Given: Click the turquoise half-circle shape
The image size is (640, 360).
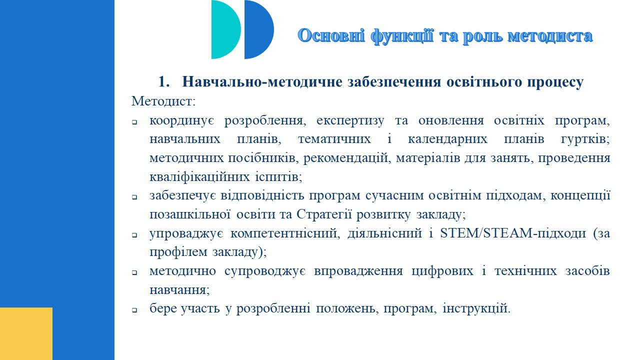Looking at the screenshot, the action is coord(224,29).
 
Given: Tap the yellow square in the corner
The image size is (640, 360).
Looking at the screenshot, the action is coord(26,333).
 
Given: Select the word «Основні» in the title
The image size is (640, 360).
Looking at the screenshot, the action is coord(331,35).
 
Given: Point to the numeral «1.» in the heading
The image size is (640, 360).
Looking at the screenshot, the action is coord(164,81).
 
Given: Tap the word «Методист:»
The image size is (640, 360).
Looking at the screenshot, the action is coord(163,101).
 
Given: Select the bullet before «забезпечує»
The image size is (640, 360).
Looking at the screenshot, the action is coord(134,197).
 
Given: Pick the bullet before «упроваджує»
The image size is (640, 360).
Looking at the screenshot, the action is coord(134,235).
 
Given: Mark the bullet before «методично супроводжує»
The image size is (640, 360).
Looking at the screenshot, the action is coord(134,273).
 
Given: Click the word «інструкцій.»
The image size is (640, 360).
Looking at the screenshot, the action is coord(476,309).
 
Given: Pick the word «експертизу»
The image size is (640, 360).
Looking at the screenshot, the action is coord(350,121).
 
